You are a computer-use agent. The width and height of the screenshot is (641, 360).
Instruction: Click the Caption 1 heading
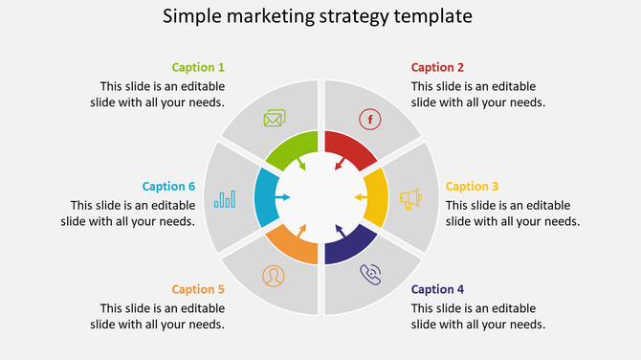coord(198,68)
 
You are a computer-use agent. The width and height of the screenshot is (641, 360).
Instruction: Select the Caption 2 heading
coord(437,68)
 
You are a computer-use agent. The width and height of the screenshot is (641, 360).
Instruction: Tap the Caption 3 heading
coord(472,187)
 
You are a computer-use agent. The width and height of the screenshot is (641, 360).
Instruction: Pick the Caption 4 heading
coord(437,289)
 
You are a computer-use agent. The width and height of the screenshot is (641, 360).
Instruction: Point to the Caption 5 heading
coord(198,289)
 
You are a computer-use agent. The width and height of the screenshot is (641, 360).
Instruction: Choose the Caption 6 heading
coord(168,187)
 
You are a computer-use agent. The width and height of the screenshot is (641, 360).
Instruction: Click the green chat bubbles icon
coord(275,119)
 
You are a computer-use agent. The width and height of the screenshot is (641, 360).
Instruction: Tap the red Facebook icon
coord(369,119)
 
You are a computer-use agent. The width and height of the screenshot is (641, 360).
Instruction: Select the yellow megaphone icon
coord(410,198)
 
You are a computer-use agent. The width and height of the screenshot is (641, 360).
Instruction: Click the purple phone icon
coord(370,276)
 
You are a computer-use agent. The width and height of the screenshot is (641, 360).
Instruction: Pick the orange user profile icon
coord(274,276)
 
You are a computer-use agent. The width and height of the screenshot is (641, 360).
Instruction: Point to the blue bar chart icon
coord(226,198)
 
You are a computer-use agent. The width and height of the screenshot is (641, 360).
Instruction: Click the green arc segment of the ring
coord(287,148)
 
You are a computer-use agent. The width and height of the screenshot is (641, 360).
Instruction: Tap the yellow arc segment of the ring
coord(376,198)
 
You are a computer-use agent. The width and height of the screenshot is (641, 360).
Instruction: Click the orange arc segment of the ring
coord(290,248)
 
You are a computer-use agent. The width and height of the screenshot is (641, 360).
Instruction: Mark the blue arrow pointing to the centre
coord(281,197)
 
